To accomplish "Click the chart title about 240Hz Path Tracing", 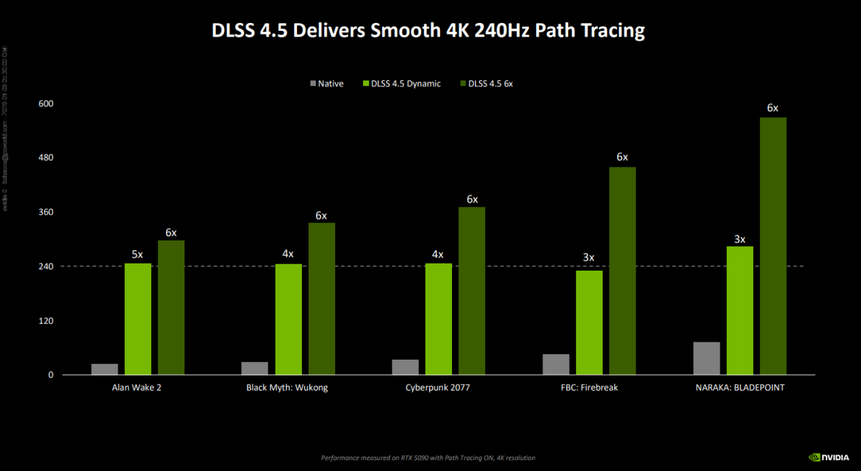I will [428, 31].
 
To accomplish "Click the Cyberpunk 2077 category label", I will [438, 388].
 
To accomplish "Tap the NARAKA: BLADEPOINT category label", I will [740, 388].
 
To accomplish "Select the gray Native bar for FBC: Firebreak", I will [556, 364].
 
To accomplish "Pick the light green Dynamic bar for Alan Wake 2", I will [138, 319].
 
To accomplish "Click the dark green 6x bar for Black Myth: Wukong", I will [321, 299].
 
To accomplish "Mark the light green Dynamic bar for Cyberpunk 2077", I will [438, 319].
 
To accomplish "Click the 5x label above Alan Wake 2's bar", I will [138, 253].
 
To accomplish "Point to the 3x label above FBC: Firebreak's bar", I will [589, 258].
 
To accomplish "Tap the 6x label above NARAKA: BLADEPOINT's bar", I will [773, 108].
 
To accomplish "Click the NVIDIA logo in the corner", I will [829, 456].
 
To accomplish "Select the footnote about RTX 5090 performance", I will [428, 457].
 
